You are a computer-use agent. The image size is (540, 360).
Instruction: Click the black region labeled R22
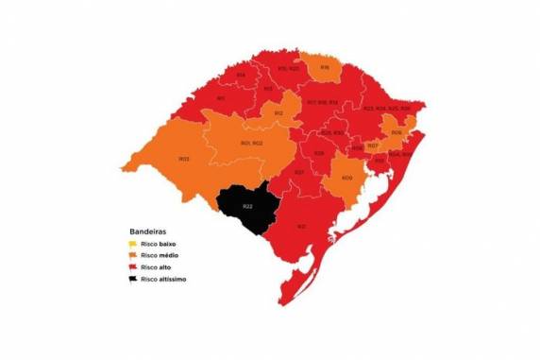pos(247,207)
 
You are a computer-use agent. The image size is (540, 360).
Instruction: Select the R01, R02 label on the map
pos(251,143)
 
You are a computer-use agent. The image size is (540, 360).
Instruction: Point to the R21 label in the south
pos(301,227)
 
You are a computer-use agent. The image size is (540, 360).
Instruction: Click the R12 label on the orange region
pos(278,113)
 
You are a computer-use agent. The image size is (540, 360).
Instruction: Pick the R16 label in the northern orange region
pos(325,68)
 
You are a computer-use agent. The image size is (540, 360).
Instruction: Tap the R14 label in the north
pos(241,76)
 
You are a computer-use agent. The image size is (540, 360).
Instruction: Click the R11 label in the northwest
pos(220,97)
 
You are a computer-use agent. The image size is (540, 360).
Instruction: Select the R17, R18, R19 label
pos(322,102)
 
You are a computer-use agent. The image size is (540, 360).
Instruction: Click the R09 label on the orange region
pos(347,178)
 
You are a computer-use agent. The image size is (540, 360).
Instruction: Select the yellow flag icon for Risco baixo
pos(134,244)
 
